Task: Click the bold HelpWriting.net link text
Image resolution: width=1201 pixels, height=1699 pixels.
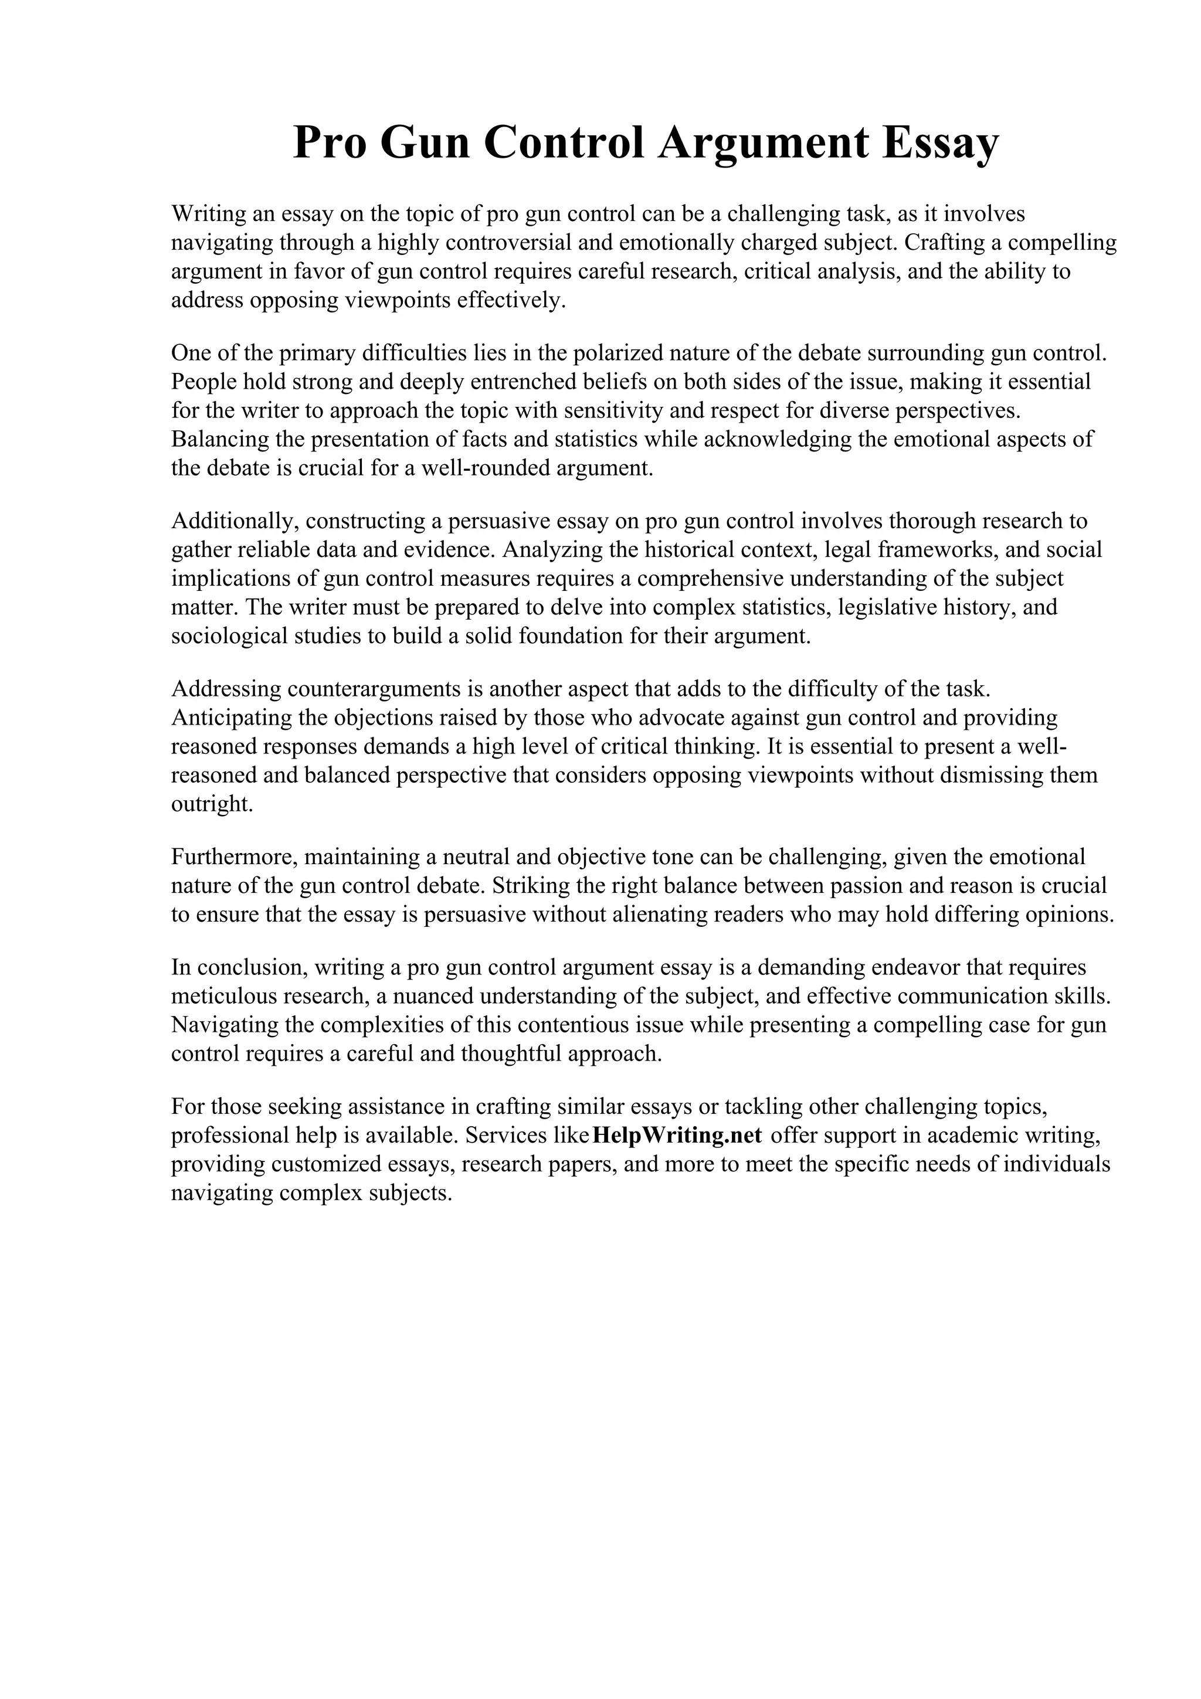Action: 677,1135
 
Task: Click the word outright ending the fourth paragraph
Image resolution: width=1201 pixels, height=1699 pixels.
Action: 212,804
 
